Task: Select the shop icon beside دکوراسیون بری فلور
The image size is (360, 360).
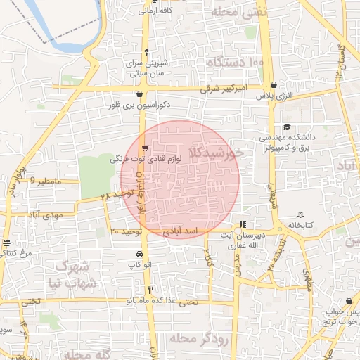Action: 139,95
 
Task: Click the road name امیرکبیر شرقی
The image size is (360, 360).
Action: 220,89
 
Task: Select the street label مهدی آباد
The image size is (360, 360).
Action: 47,214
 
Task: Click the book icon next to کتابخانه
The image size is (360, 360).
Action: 301,214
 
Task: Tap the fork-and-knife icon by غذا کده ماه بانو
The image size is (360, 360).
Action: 150,289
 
